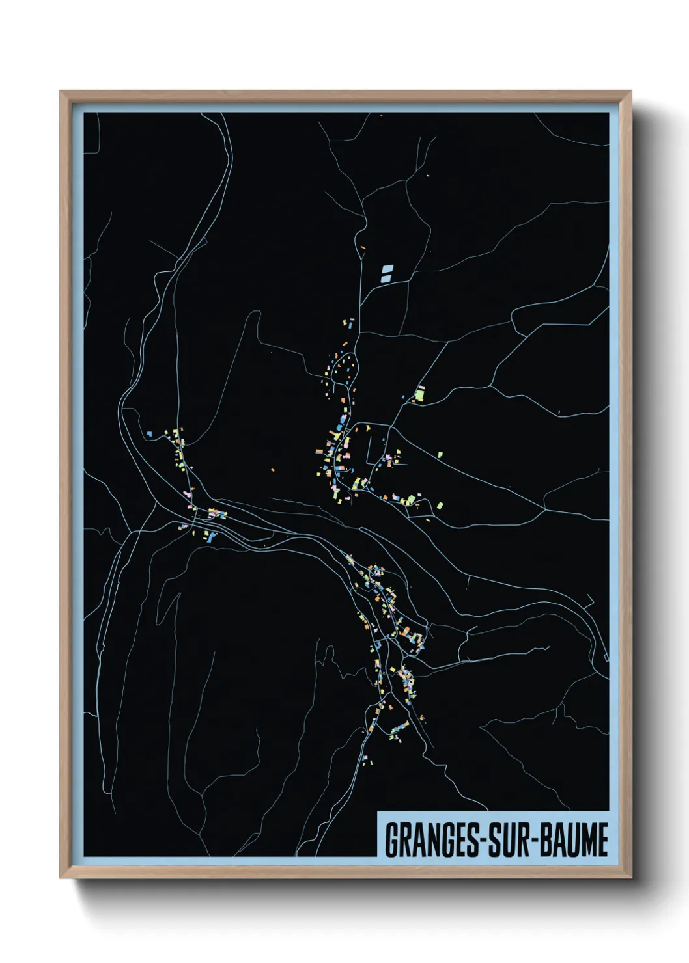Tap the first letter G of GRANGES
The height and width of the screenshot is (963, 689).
pos(392,841)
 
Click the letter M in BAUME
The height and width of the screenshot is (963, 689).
pos(587,841)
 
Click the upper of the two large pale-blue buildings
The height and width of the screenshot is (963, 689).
pos(388,267)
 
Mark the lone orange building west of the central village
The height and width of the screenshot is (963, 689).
pos(272,468)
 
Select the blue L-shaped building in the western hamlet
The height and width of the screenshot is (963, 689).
pos(150,433)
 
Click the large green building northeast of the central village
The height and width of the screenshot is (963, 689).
pos(420,394)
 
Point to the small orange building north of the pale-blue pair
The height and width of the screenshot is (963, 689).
pos(363,247)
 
